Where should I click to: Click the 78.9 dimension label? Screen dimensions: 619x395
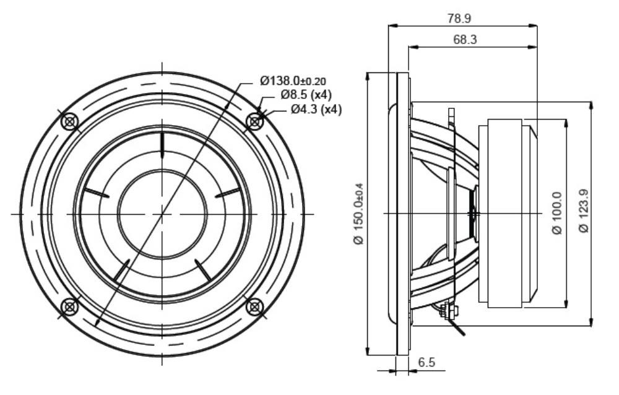point(459,19)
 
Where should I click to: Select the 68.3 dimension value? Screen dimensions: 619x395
point(465,40)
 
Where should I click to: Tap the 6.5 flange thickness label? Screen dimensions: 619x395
point(426,362)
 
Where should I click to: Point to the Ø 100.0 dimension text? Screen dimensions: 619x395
point(556,214)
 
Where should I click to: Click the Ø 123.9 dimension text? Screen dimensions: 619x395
point(584,211)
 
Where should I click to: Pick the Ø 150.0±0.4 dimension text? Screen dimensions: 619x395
point(359,214)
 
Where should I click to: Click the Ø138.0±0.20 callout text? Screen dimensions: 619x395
point(293,81)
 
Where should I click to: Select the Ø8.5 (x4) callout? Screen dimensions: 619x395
point(306,95)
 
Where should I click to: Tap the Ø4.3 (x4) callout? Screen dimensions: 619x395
point(316,109)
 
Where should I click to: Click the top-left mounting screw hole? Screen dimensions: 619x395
point(69,121)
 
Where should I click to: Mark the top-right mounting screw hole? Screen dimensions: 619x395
point(254,121)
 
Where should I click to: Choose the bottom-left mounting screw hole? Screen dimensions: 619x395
point(69,306)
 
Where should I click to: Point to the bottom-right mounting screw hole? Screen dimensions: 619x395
point(254,306)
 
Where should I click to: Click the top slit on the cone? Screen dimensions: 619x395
point(162,145)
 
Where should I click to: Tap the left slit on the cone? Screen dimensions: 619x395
point(96,193)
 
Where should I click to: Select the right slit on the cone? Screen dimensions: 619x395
point(228,193)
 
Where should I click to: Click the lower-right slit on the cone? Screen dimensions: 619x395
point(203,271)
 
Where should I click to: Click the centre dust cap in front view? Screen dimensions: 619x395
point(162,214)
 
